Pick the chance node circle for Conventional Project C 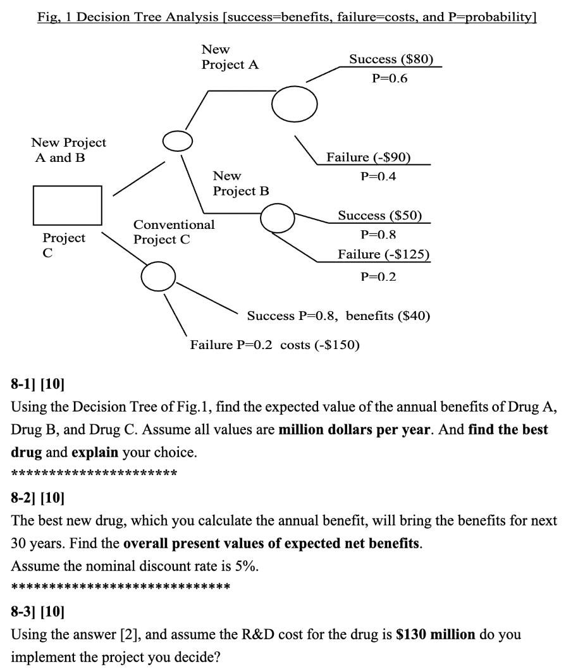(x=158, y=275)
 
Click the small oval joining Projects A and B (x=177, y=141)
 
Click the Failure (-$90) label (x=369, y=157)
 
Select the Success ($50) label (x=380, y=216)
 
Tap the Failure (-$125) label (x=384, y=254)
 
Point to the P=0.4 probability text (x=378, y=176)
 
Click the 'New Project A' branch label (x=230, y=57)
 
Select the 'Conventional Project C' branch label (x=174, y=232)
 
